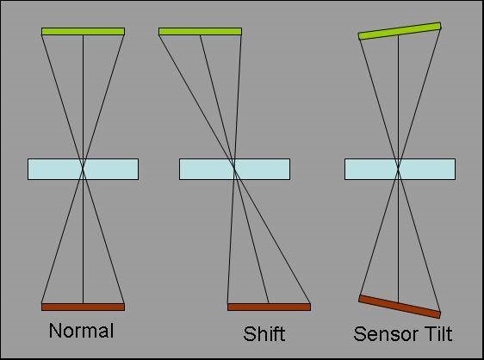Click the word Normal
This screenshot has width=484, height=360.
[81, 331]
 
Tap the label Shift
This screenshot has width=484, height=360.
[264, 334]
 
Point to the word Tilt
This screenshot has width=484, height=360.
[437, 334]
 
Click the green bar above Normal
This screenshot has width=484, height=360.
[83, 32]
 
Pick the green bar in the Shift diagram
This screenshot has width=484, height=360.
[200, 32]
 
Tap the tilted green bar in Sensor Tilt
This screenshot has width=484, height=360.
[400, 31]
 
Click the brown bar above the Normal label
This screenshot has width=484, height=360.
[83, 307]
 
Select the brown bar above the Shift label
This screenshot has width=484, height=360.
[270, 307]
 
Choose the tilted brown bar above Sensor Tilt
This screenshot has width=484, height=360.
[400, 307]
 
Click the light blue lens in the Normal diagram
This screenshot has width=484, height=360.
[83, 169]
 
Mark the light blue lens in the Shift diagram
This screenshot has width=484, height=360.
[234, 169]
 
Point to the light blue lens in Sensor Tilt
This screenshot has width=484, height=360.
[400, 169]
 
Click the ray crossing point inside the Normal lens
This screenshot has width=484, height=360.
[83, 169]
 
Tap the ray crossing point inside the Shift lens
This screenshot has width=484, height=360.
[234, 169]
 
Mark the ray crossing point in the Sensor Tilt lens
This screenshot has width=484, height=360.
[398, 169]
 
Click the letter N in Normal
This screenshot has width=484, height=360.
[54, 331]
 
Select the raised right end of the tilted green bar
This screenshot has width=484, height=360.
[440, 26]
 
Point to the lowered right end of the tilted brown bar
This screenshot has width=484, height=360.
[439, 314]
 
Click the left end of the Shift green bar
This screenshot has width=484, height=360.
[159, 32]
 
